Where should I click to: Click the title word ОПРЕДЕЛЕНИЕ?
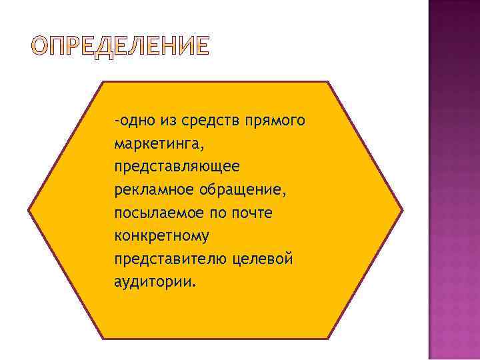coord(121,46)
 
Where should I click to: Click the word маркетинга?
coord(157,144)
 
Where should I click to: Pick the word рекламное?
coord(153,190)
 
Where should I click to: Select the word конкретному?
coord(162,236)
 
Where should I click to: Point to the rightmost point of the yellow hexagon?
coord(403,209)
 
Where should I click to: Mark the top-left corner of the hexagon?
coord(103,82)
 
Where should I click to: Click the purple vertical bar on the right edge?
coord(453,180)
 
